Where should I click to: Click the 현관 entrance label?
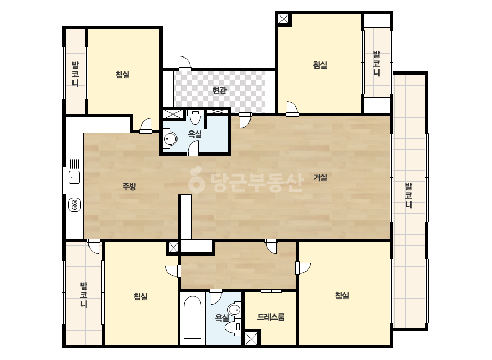tap(219, 91)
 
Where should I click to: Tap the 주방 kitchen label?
tap(130, 187)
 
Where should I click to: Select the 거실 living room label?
tap(320, 177)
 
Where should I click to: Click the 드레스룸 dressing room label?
tap(270, 317)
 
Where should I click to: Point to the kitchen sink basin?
tap(75, 177)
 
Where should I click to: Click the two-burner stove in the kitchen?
tap(75, 205)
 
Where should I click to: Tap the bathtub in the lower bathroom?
tap(192, 317)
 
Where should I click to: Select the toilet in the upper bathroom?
tap(196, 116)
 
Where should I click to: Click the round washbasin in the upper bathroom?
tap(170, 138)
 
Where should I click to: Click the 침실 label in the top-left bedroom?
tap(123, 75)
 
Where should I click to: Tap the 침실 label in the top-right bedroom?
tap(320, 65)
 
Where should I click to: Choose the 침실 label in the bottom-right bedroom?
tap(342, 296)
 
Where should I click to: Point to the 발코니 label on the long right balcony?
tap(408, 195)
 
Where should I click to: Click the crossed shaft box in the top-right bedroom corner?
tap(284, 19)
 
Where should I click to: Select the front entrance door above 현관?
tap(185, 64)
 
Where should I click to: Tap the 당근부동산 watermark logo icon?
tap(196, 179)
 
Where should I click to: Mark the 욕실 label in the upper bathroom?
tap(195, 134)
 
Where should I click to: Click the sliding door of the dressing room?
tap(271, 291)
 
